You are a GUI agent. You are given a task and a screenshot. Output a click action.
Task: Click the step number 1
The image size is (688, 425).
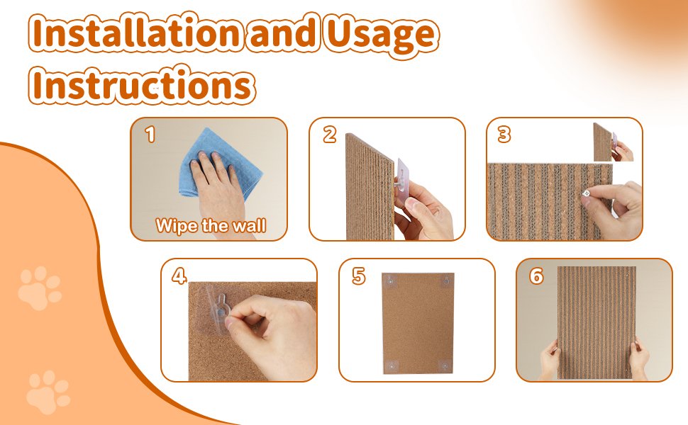pos(149,135)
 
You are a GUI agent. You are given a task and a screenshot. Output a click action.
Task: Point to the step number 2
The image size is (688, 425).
pos(329,135)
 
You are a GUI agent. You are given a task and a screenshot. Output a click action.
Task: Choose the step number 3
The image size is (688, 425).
pos(504,135)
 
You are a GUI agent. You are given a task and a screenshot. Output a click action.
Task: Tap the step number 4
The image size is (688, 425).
pos(179,276)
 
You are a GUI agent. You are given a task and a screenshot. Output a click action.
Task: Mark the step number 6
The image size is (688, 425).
pos(536,276)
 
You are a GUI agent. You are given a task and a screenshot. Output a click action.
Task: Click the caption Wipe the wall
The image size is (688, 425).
pos(211,226)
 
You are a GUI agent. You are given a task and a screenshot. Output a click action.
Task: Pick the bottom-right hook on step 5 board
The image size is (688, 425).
pos(445,365)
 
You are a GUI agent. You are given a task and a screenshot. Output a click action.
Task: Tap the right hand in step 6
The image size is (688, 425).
pos(638,358)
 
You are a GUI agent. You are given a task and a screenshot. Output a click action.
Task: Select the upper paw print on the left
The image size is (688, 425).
pos(39,288)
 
